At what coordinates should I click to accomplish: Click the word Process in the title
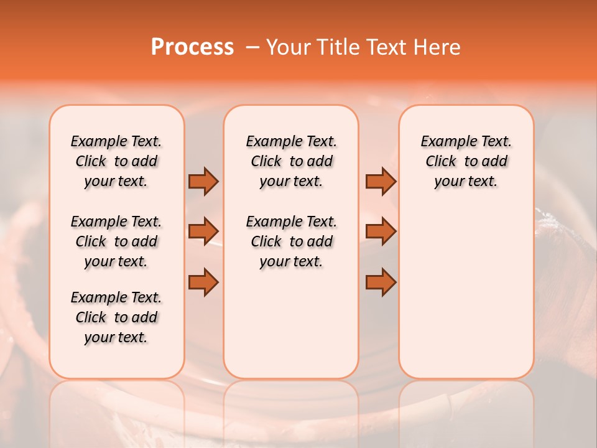pyautogui.click(x=192, y=47)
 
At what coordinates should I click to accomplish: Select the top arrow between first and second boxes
pyautogui.click(x=203, y=182)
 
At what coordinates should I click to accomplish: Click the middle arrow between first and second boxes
pyautogui.click(x=203, y=231)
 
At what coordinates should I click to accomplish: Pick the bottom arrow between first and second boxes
pyautogui.click(x=203, y=282)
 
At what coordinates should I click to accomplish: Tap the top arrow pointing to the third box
pyautogui.click(x=381, y=182)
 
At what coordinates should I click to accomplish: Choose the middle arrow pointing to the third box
pyautogui.click(x=381, y=231)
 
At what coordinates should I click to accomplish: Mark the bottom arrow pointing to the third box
pyautogui.click(x=381, y=282)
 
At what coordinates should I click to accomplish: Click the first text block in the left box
pyautogui.click(x=116, y=161)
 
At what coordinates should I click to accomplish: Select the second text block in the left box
pyautogui.click(x=116, y=241)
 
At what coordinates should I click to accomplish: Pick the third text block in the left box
pyautogui.click(x=116, y=317)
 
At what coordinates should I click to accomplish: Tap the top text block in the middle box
pyautogui.click(x=291, y=161)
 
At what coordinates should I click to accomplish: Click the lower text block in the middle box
pyautogui.click(x=291, y=241)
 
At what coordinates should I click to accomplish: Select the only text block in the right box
pyautogui.click(x=466, y=161)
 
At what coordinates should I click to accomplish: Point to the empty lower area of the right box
pyautogui.click(x=466, y=292)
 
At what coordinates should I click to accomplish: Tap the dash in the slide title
pyautogui.click(x=252, y=47)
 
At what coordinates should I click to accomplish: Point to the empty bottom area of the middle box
pyautogui.click(x=291, y=330)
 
